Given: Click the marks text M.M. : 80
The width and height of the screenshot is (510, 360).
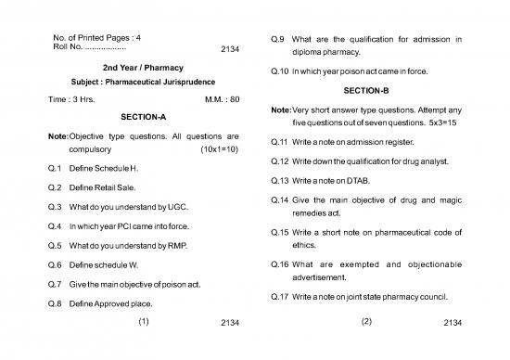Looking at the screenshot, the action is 221,99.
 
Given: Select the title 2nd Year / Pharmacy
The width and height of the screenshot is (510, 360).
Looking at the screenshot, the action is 144,68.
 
